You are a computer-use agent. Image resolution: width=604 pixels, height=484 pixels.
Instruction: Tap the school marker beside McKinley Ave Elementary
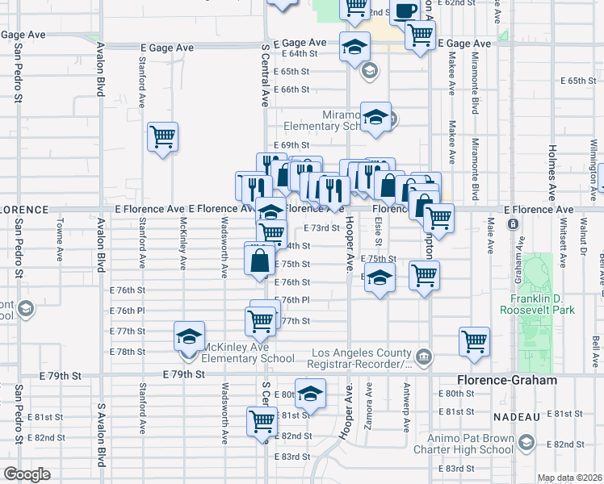click(189, 336)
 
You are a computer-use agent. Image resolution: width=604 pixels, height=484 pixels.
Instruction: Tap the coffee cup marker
click(406, 10)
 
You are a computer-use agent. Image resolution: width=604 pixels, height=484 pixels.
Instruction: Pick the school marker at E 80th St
click(309, 393)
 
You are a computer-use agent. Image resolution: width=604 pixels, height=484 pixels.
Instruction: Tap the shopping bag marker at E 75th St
click(260, 261)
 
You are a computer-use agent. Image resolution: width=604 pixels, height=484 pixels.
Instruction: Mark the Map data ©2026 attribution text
click(570, 478)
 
